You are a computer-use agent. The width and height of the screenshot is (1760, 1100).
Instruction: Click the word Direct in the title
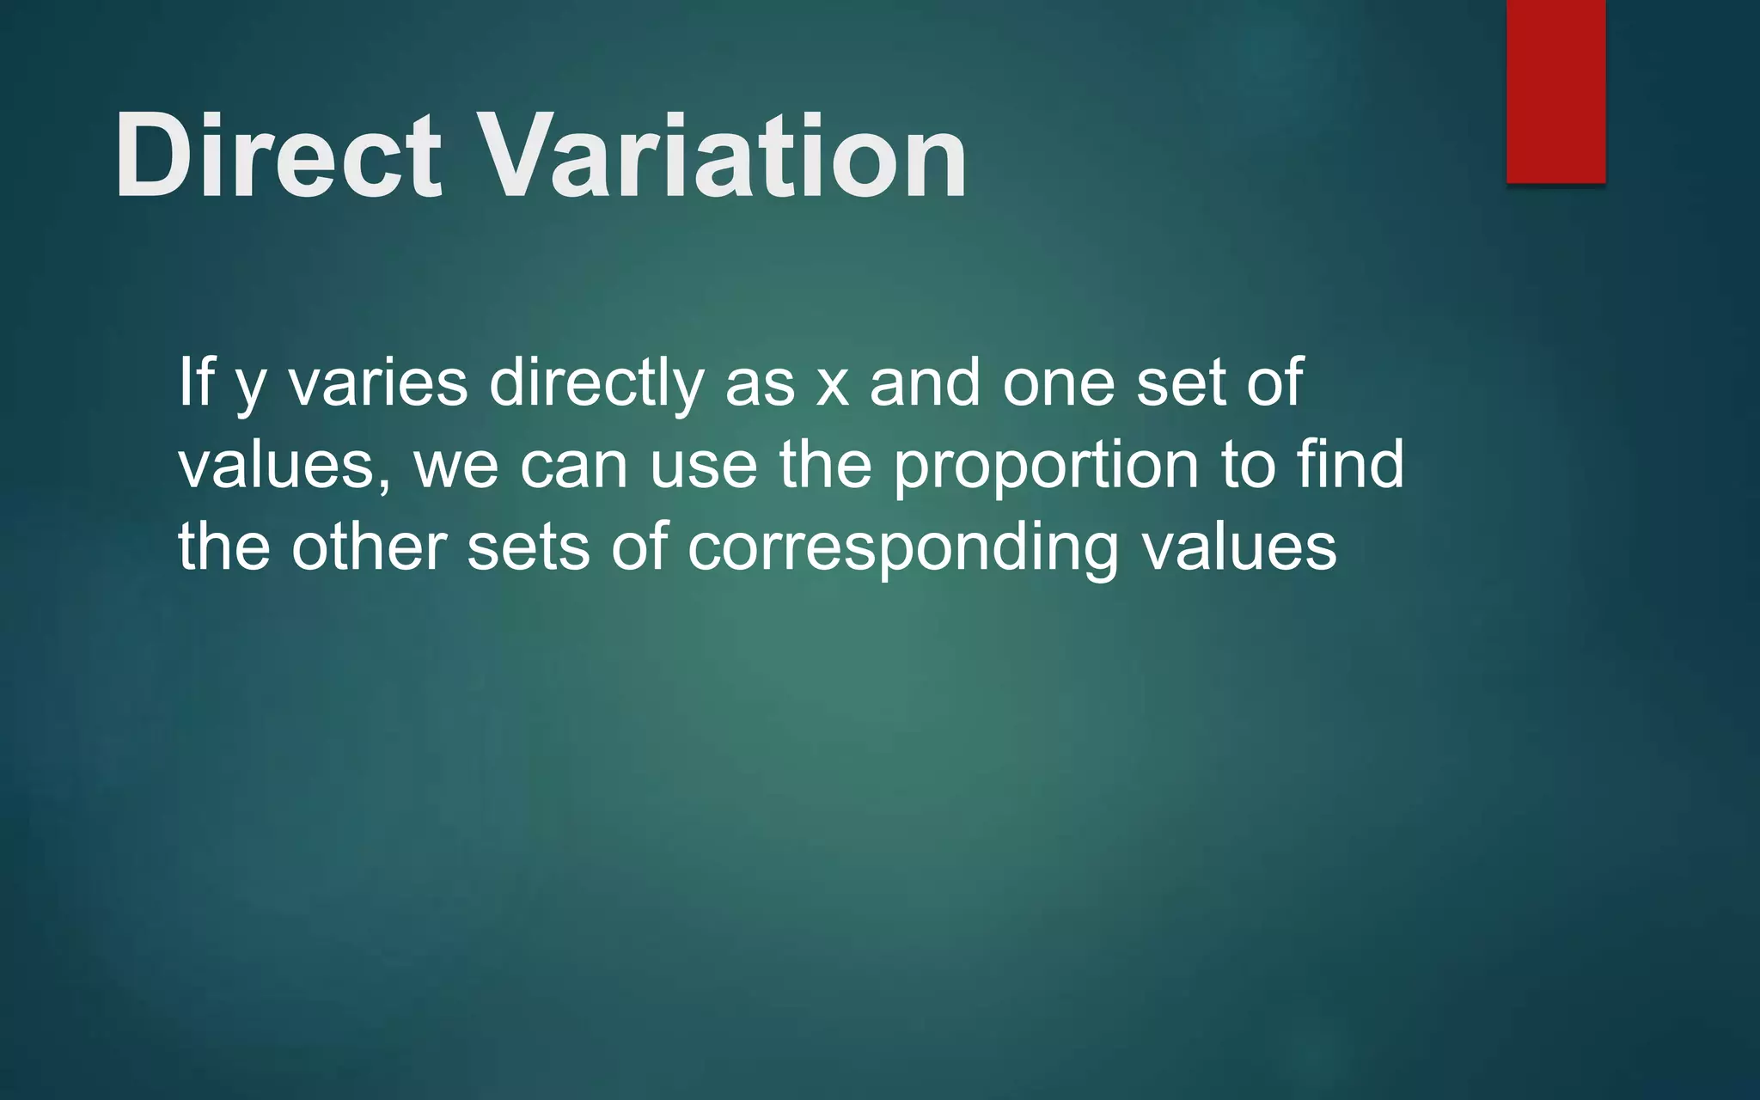(x=277, y=156)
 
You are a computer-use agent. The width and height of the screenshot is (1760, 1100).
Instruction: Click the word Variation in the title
(x=722, y=156)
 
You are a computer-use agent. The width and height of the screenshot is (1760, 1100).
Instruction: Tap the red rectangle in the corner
(x=1555, y=90)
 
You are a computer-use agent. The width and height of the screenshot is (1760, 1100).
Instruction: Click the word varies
(x=378, y=383)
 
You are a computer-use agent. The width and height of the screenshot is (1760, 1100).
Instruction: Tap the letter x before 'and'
(x=832, y=387)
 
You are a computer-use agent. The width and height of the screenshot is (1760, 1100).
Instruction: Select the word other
(x=369, y=547)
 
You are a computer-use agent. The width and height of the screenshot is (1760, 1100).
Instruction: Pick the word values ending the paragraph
(x=1238, y=548)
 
